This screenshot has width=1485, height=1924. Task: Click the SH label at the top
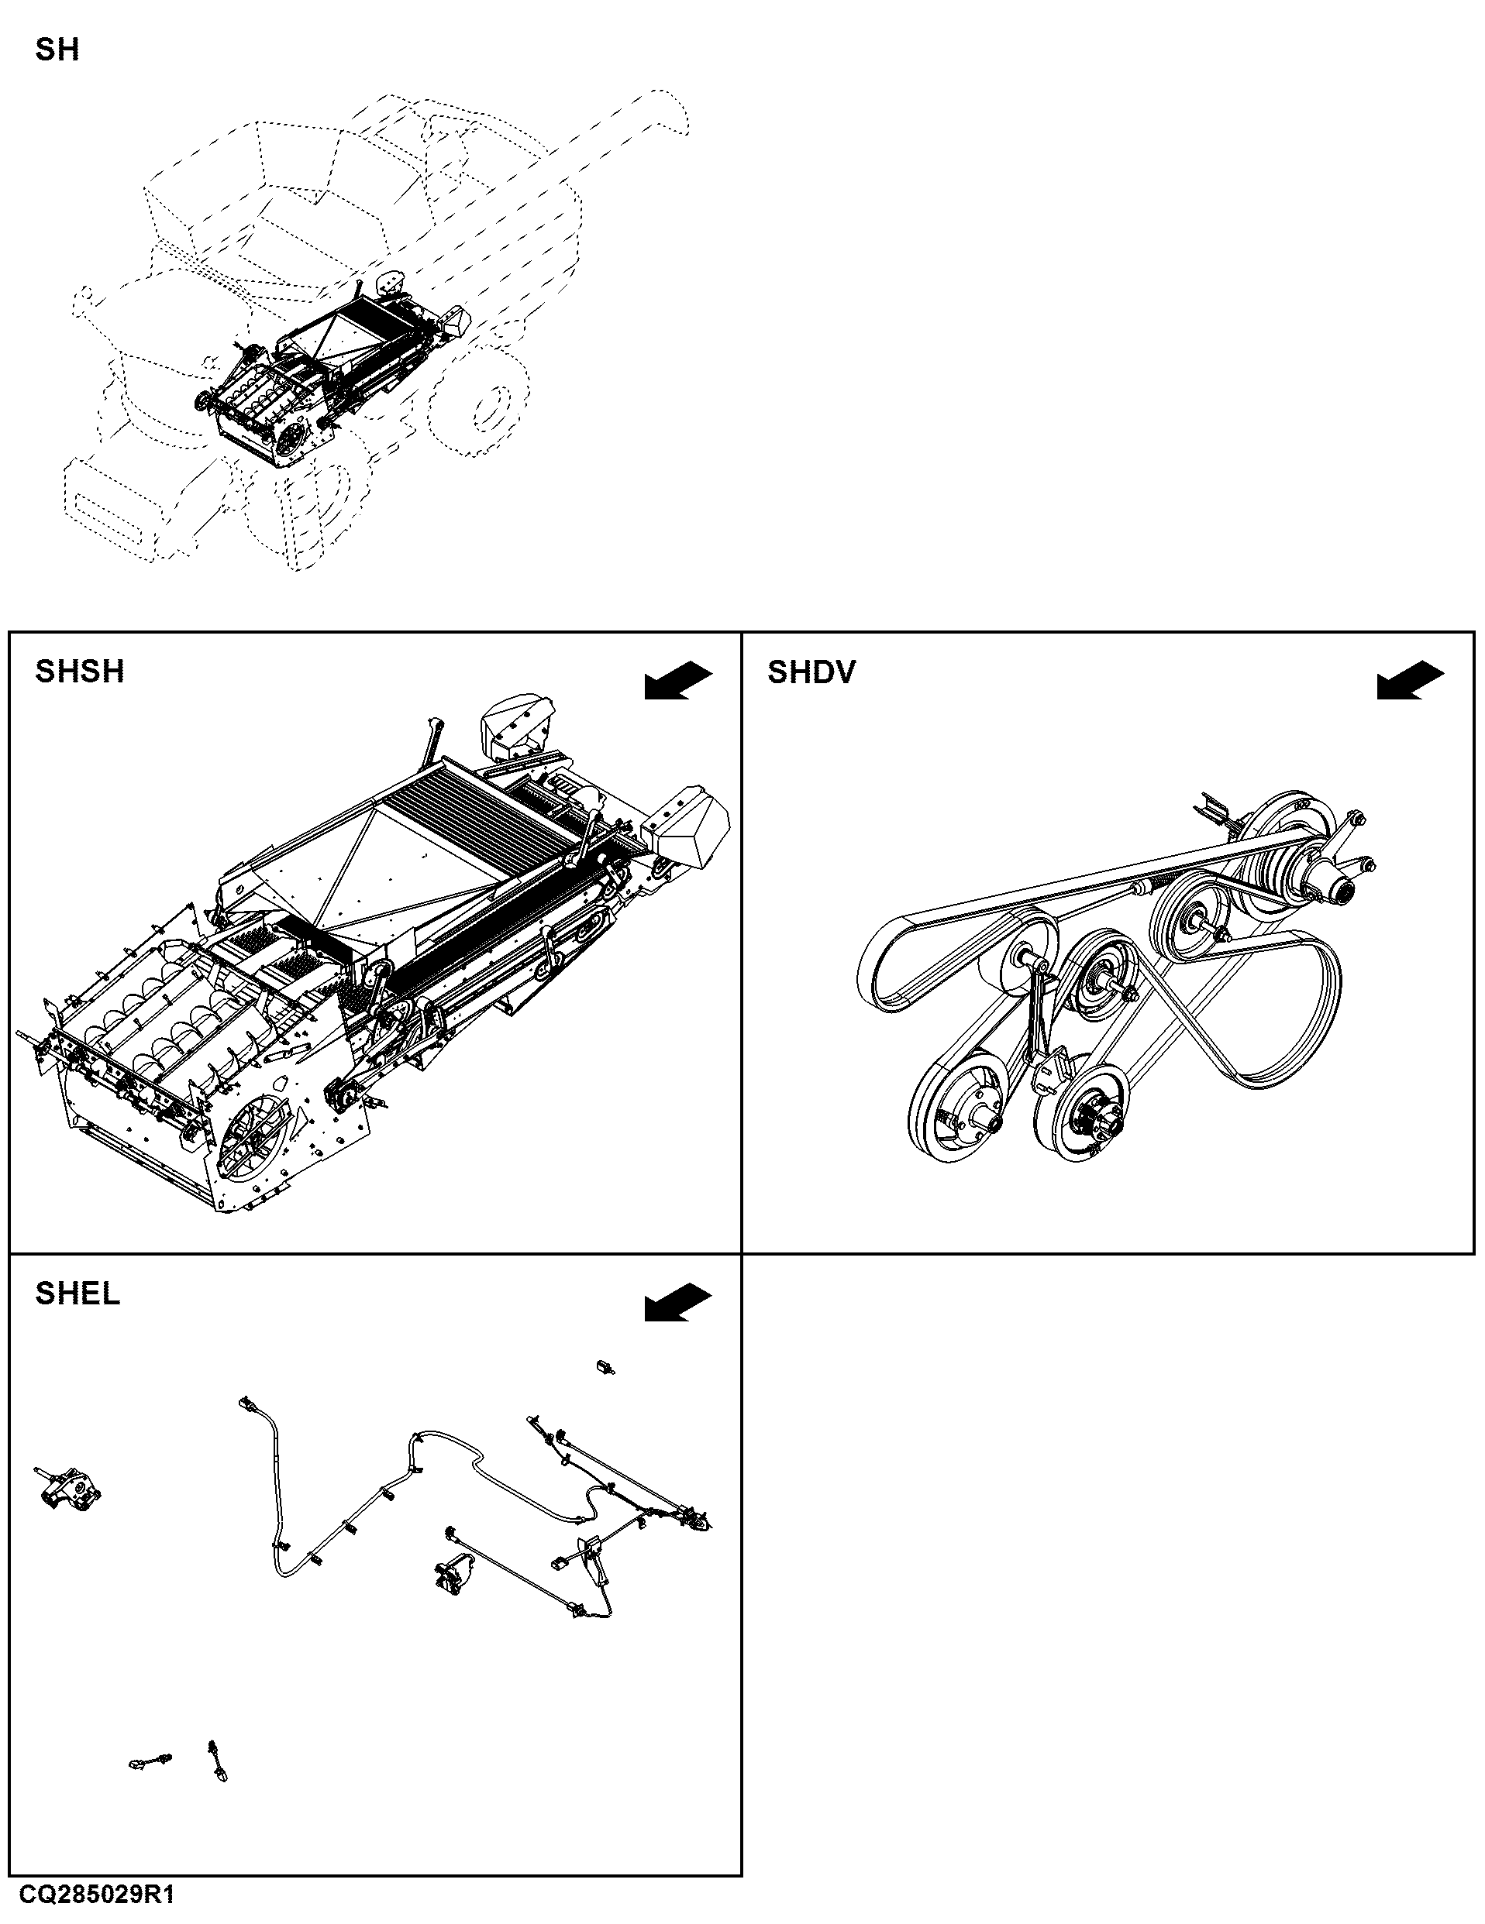point(57,50)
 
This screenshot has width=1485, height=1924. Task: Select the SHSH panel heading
point(79,672)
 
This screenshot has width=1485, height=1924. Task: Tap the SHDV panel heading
point(811,672)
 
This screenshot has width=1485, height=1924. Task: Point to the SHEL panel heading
point(78,1294)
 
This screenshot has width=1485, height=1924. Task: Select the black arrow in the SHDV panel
point(1410,681)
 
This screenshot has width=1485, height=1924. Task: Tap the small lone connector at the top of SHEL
point(605,1366)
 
